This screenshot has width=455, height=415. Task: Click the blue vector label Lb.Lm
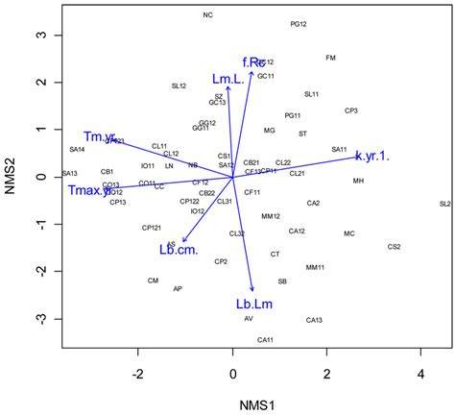click(x=254, y=305)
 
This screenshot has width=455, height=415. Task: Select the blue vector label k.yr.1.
click(x=372, y=156)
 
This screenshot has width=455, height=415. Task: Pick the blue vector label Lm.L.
click(x=228, y=78)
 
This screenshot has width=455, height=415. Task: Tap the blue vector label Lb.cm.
click(x=179, y=250)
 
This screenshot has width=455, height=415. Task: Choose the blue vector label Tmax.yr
click(x=96, y=191)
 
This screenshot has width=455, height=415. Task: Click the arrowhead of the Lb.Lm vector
click(x=252, y=289)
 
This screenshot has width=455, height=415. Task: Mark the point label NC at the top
click(x=208, y=15)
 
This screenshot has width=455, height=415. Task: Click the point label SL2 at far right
click(x=444, y=204)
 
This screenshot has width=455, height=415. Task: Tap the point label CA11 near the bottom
click(x=266, y=340)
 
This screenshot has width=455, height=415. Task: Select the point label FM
click(x=331, y=58)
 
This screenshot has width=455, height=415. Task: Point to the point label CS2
click(x=394, y=247)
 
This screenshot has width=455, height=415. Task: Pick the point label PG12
click(x=299, y=24)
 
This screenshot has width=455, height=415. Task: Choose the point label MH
click(x=358, y=181)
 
